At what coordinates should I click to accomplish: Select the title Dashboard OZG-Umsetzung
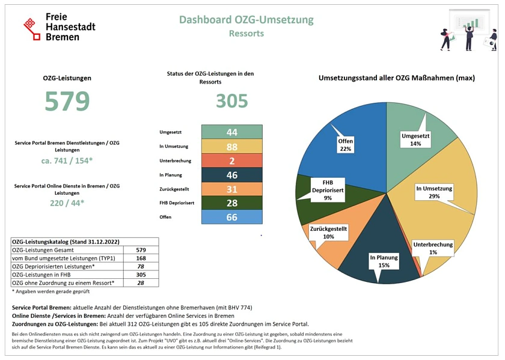246,20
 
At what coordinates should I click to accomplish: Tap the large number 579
67,102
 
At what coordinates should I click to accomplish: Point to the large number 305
231,100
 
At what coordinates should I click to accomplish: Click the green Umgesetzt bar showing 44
231,132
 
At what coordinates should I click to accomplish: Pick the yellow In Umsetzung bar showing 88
231,147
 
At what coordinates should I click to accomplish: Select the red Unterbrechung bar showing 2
231,160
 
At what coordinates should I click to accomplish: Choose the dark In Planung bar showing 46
231,175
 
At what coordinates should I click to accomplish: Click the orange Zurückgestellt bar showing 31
231,189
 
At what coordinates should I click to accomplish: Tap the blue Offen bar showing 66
231,217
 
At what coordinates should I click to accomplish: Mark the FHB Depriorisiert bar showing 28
231,203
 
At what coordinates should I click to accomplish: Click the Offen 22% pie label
345,145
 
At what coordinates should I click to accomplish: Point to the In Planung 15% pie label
384,261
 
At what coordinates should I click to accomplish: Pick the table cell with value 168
141,258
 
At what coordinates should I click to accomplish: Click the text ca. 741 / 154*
67,161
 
